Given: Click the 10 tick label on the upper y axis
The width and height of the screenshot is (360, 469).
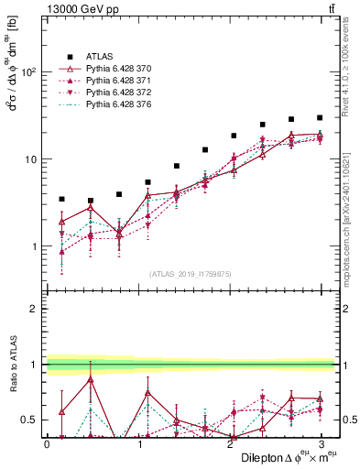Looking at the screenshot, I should click(x=31, y=159).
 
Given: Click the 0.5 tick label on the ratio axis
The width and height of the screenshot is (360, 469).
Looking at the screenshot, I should click(x=29, y=420).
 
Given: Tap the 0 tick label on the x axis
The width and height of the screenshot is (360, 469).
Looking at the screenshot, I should click(x=47, y=443).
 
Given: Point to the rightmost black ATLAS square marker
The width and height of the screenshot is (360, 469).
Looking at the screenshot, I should click(x=320, y=117).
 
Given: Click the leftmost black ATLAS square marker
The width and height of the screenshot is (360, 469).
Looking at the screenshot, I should click(x=61, y=199).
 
